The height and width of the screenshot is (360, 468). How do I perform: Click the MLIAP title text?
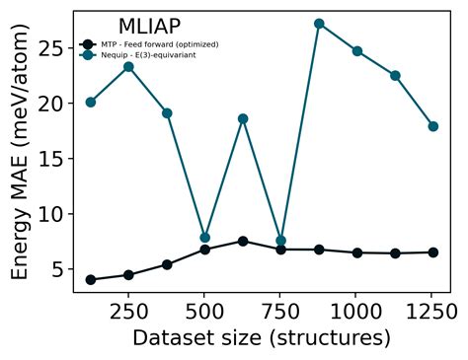149,27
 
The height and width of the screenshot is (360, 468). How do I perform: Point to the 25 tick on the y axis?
51,48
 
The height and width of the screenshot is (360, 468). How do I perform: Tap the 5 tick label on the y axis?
57,269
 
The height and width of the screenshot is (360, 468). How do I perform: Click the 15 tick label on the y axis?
51,159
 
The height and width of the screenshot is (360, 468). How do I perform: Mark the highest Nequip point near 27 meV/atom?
319,24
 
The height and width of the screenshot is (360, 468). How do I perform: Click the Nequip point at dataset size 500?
204,238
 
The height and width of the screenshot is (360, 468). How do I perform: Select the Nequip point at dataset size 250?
128,66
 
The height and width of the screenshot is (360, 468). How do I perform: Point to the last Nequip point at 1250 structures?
432,126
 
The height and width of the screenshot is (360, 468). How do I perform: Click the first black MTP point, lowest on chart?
91,279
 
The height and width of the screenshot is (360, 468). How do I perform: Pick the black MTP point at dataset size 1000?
356,252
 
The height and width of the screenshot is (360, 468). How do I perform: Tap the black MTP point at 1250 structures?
432,252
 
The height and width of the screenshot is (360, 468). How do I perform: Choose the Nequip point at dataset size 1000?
356,51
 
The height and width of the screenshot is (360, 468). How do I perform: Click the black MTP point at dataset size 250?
128,275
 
